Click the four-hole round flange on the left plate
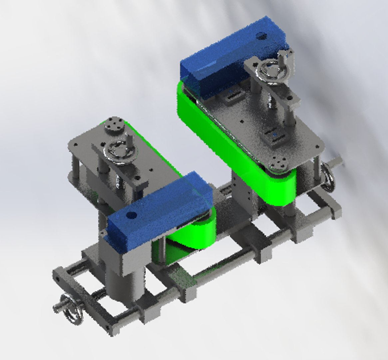114,126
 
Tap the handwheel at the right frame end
328,180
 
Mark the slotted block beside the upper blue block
232,97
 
